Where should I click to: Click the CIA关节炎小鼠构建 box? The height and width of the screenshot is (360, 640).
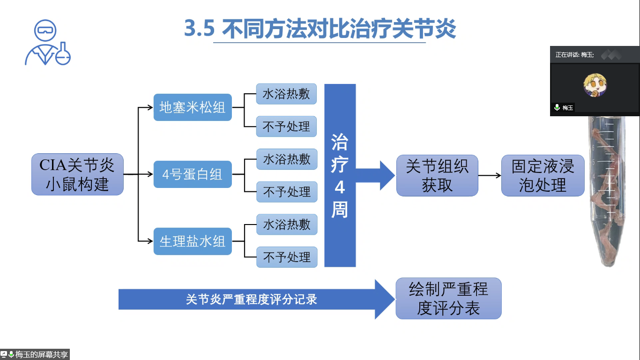[x=77, y=174]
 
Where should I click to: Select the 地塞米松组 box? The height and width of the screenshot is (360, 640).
[x=193, y=107]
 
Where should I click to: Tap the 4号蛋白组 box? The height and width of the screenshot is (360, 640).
[x=193, y=174]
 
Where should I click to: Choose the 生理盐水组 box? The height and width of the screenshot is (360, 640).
[x=193, y=241]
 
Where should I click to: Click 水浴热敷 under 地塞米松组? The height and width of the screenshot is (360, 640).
[x=286, y=94]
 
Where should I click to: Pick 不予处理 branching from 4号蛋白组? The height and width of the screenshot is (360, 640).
[x=286, y=192]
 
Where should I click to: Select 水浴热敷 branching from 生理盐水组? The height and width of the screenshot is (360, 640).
[x=286, y=225]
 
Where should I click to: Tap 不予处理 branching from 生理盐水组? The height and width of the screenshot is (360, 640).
[x=286, y=257]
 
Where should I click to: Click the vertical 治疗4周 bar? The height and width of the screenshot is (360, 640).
[x=340, y=175]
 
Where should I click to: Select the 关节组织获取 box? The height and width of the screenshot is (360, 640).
[x=437, y=175]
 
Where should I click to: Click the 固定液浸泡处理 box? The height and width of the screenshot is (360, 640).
[x=543, y=175]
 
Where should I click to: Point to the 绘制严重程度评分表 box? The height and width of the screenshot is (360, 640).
[x=448, y=299]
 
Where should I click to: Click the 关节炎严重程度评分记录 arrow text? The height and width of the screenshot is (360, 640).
[x=251, y=299]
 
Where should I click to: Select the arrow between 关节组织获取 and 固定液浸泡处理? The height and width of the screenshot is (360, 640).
[x=490, y=176]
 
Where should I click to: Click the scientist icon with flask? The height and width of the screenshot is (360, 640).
[x=47, y=43]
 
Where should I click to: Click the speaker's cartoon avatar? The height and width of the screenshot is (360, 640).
[x=595, y=85]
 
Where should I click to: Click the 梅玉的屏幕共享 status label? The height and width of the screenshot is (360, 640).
[x=35, y=354]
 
